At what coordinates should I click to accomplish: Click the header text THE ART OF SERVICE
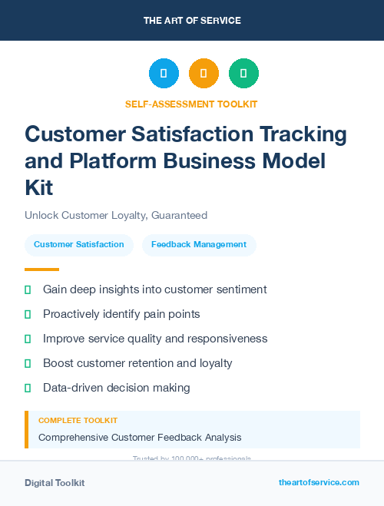(192, 21)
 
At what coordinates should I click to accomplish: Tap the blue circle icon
(164, 74)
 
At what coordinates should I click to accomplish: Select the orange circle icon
(204, 74)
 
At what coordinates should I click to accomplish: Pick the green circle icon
(243, 74)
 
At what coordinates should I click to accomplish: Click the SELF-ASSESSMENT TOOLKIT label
(191, 104)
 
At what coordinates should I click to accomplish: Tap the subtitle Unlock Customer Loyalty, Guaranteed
(116, 216)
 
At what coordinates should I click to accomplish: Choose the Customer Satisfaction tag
(79, 245)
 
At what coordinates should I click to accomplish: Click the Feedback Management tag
(199, 245)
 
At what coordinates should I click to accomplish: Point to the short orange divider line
(41, 270)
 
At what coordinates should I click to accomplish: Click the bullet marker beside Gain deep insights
(28, 289)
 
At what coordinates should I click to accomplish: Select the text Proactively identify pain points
(121, 314)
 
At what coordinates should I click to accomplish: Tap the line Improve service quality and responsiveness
(155, 339)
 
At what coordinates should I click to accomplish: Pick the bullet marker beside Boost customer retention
(28, 363)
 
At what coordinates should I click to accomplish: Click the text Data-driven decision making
(117, 388)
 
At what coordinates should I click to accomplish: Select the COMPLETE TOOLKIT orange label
(78, 421)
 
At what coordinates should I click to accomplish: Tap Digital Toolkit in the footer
(55, 483)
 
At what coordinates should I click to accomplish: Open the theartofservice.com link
(319, 482)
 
